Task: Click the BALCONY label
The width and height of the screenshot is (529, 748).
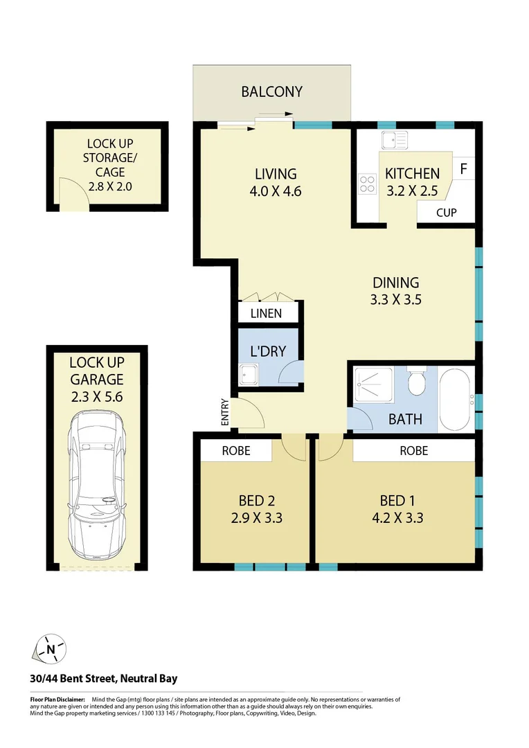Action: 271,91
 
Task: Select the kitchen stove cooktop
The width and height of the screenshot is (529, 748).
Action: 366,184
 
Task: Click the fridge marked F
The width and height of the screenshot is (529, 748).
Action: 463,169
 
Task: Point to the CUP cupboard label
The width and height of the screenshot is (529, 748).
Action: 446,213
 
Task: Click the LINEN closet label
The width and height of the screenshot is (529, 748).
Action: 266,314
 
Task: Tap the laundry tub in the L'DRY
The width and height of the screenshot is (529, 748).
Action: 248,375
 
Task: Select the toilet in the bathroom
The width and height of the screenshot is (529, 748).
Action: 417,382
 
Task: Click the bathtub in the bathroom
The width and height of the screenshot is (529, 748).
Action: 456,400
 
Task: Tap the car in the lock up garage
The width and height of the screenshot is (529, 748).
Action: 97,485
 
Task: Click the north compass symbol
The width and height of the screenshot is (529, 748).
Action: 51,649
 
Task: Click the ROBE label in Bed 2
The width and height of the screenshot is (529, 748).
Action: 236,451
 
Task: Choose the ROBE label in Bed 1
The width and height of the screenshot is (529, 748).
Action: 414,451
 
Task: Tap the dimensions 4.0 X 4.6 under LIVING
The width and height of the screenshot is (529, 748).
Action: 276,192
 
